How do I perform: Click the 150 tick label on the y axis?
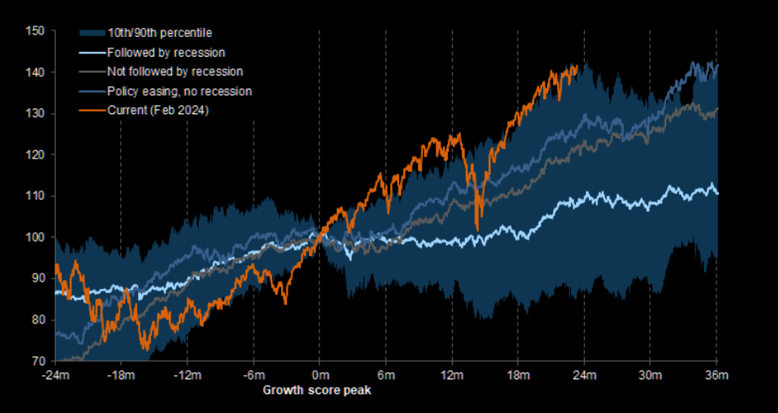click(x=35, y=31)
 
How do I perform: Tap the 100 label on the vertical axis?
click(x=35, y=237)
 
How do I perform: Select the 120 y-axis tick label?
click(x=35, y=154)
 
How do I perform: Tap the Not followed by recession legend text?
click(x=175, y=71)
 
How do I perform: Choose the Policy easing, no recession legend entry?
click(x=179, y=91)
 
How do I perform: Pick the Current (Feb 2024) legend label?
click(x=158, y=111)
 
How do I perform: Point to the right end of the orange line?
click(x=578, y=67)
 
